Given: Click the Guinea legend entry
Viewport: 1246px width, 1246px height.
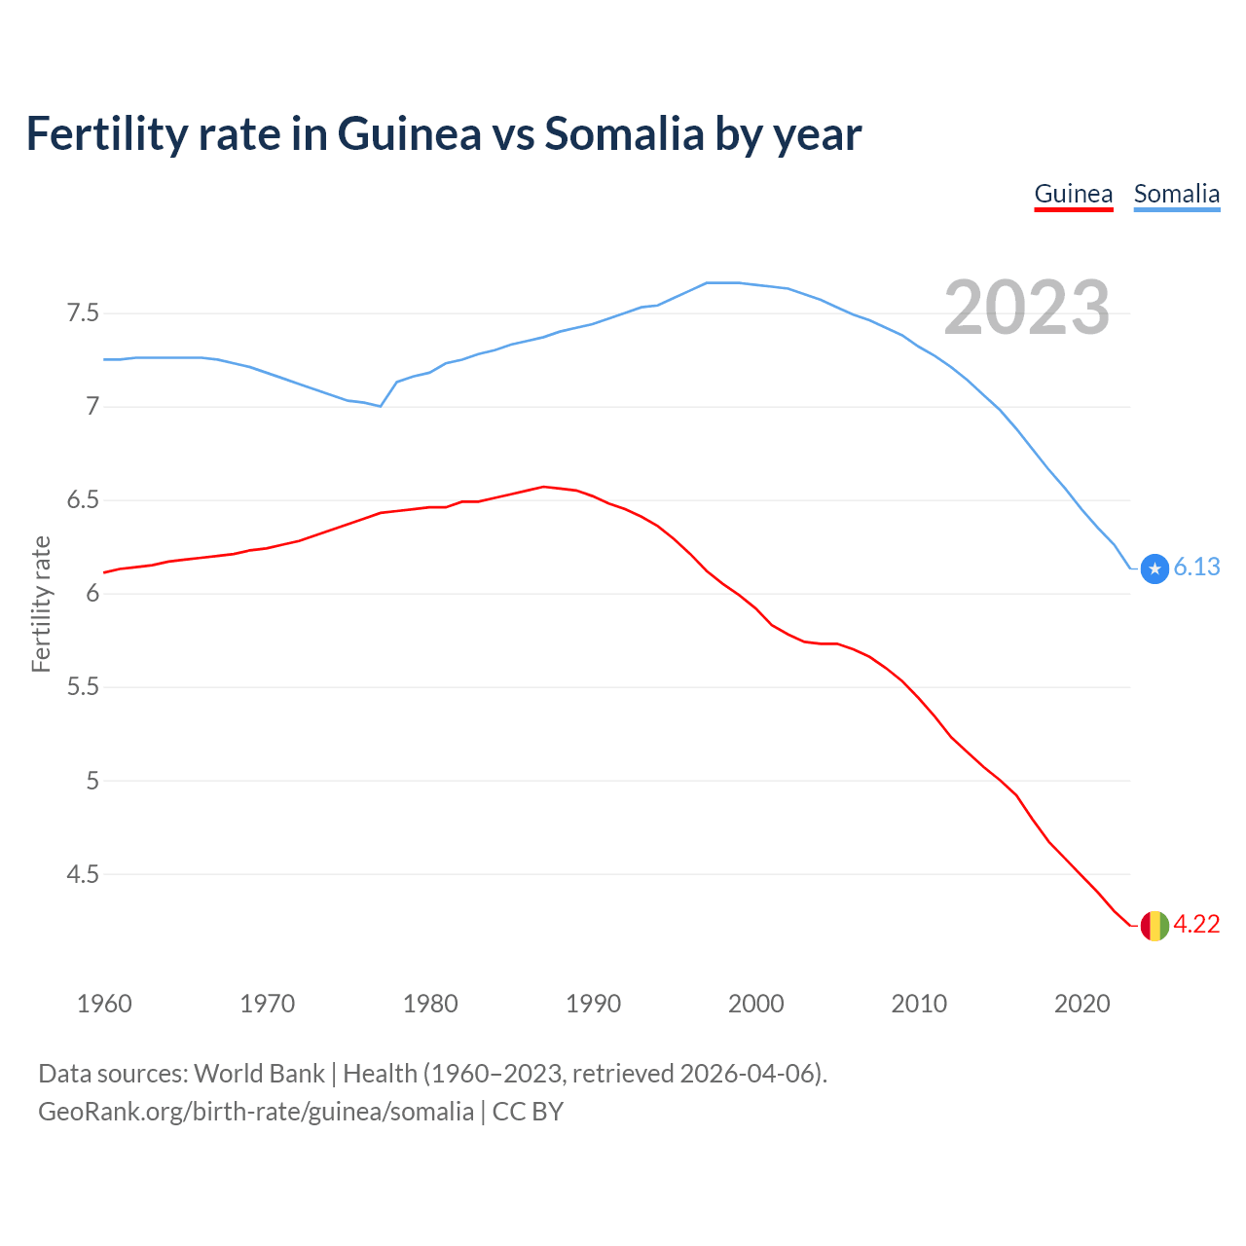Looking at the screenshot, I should (x=1073, y=194).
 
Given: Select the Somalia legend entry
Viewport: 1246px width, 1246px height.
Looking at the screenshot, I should (x=1176, y=194).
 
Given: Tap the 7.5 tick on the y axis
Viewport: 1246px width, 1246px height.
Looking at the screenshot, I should (x=83, y=313).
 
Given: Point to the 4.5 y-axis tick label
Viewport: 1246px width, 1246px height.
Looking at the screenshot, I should (x=83, y=874).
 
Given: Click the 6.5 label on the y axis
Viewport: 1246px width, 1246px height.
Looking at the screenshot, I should (x=83, y=500).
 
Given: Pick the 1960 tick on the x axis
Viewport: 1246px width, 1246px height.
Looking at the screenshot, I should (x=104, y=1004).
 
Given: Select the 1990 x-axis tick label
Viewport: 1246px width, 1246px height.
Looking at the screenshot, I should (x=593, y=1004).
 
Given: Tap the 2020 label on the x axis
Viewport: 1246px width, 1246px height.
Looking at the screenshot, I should (x=1081, y=1004).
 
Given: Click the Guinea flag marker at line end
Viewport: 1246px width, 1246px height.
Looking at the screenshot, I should (x=1154, y=925).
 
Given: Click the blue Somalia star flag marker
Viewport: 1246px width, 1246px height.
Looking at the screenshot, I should (x=1154, y=568).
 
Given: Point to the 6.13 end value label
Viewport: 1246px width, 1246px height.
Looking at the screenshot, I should (x=1196, y=568).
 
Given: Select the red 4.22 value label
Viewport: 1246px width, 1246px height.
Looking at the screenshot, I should (x=1196, y=925).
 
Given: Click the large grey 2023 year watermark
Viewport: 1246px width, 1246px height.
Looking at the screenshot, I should (x=1027, y=308).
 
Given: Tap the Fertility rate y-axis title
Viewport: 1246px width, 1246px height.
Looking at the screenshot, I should (x=41, y=604).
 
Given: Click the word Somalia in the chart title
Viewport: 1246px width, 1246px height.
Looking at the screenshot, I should (x=623, y=133).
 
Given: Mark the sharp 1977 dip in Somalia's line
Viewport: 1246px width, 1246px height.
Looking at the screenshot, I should (x=381, y=406).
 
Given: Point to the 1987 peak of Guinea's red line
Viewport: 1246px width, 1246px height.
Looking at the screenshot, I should (x=543, y=487).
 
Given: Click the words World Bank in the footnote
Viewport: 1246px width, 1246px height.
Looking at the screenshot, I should (x=259, y=1074).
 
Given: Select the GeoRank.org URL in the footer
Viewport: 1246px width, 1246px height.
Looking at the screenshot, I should (x=255, y=1112).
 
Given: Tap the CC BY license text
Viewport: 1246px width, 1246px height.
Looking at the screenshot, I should (x=528, y=1112).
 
